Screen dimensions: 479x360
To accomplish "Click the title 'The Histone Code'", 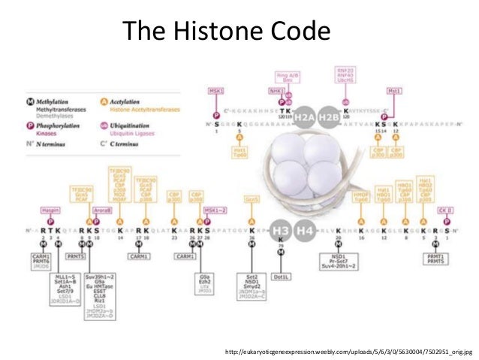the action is (226, 32).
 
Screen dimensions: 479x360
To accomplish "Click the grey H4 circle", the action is (305, 231).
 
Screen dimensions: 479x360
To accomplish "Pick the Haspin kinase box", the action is (51, 210).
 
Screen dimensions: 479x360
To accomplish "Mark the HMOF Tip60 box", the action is (362, 198).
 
